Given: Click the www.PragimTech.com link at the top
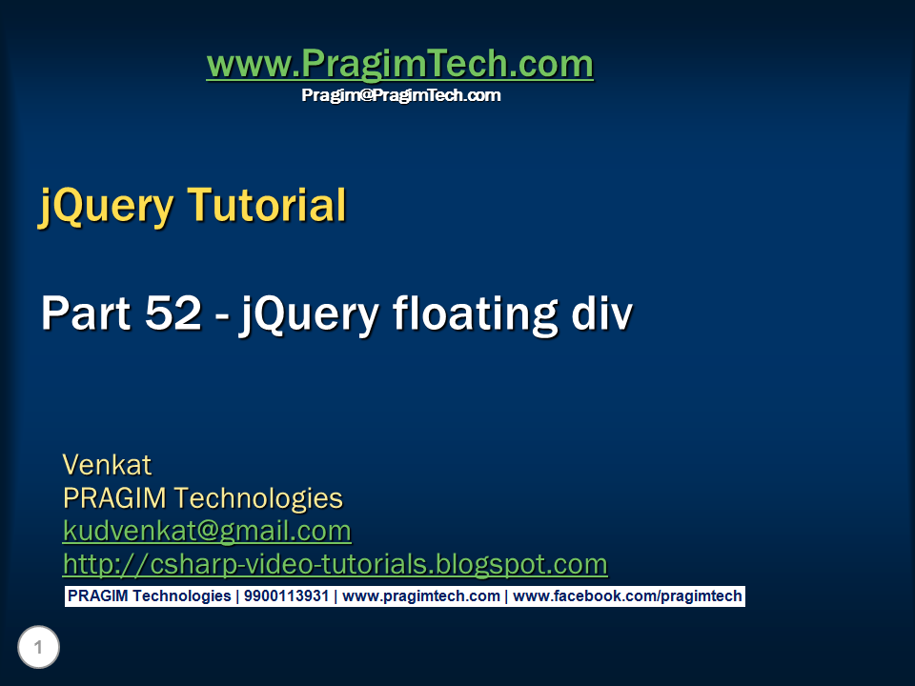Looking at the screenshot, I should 399,64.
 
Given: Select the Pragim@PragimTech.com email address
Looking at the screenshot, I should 400,95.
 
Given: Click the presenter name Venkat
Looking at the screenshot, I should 107,465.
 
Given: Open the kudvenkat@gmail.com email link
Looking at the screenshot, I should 207,530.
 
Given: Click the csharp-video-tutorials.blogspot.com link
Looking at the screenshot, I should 335,563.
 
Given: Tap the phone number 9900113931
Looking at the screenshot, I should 286,596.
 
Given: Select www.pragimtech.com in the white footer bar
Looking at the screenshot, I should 420,596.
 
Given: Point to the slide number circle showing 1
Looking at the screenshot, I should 38,649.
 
